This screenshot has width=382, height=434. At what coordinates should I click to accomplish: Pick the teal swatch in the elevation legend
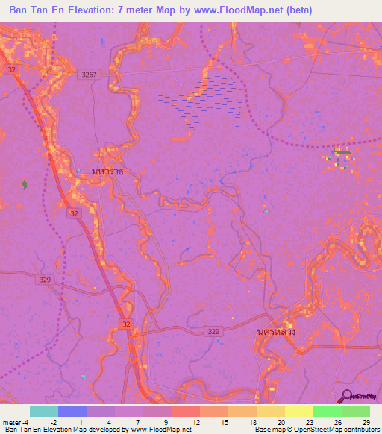44,411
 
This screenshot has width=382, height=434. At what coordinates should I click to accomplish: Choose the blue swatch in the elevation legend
72,411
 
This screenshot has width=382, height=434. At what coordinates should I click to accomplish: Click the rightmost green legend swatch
356,411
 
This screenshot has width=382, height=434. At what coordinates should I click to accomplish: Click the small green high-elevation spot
342,153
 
